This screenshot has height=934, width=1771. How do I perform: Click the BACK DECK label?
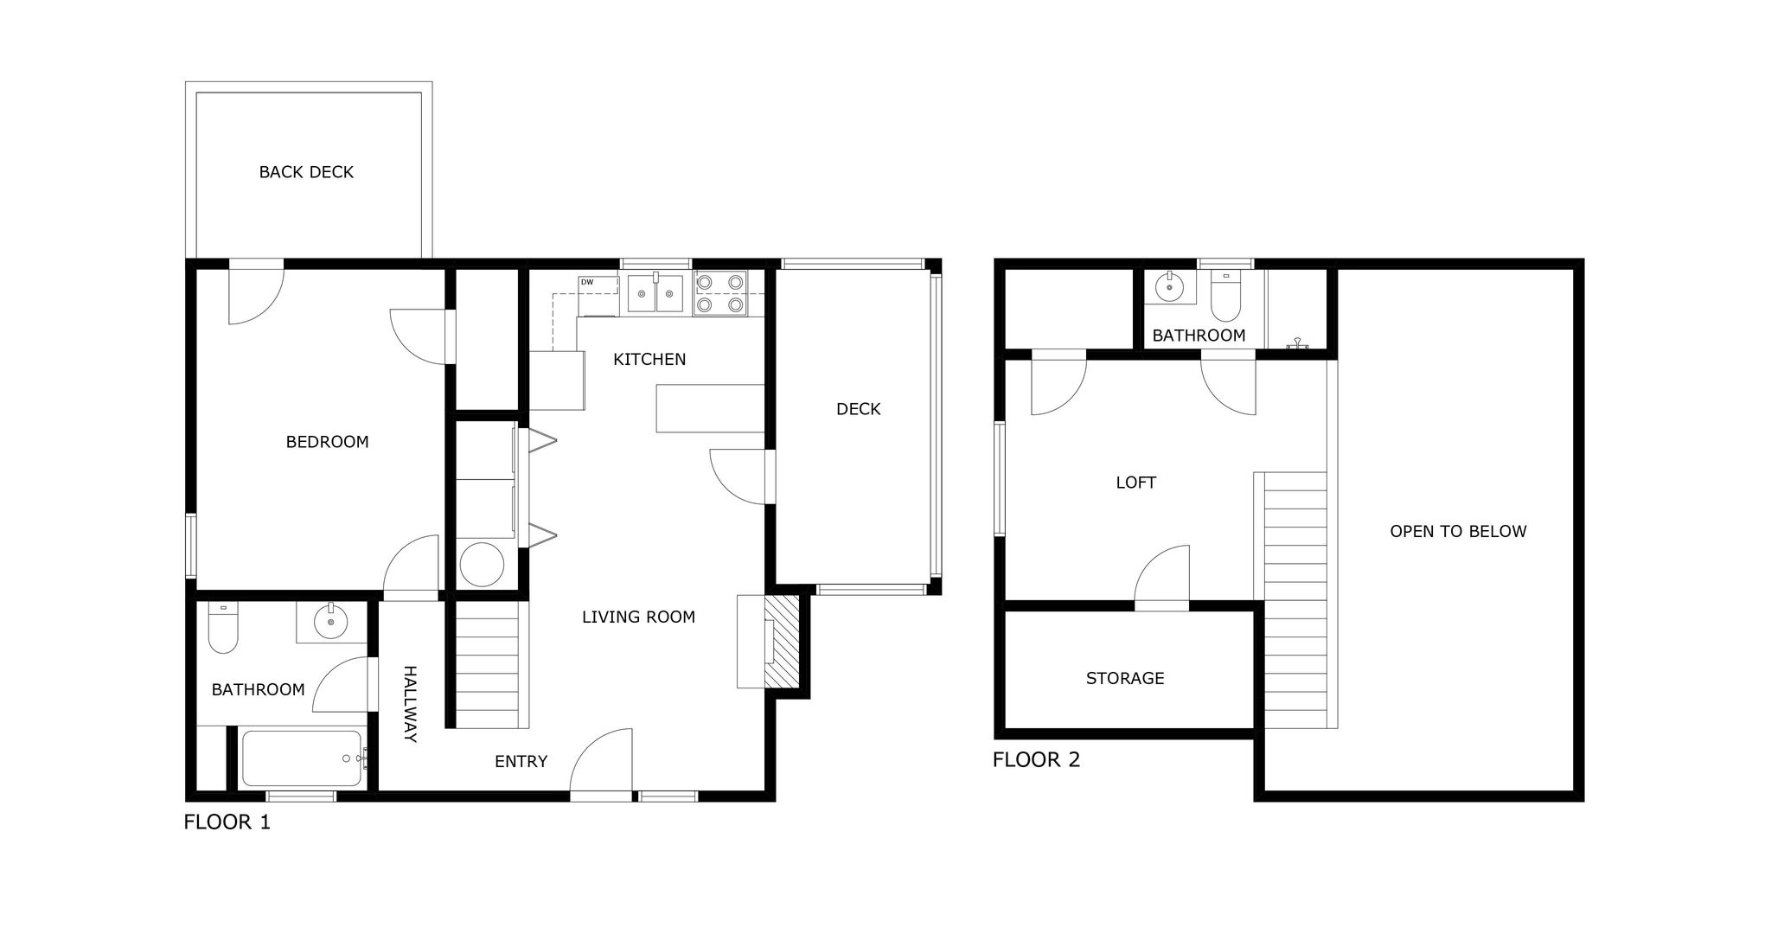click(x=306, y=172)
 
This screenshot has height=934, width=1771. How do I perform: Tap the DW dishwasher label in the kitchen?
click(x=587, y=282)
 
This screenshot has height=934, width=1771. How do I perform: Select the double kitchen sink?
click(x=655, y=293)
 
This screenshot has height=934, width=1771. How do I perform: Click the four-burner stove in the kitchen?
click(x=720, y=293)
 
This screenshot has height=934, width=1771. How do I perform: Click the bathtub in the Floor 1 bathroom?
click(x=302, y=758)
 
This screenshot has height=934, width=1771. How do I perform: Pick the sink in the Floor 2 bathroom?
click(x=1170, y=286)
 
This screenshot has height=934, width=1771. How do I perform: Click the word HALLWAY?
click(x=411, y=704)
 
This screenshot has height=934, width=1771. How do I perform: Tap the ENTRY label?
click(x=521, y=761)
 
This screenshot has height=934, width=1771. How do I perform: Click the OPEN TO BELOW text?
click(x=1458, y=531)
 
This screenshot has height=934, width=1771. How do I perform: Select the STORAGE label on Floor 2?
click(x=1125, y=678)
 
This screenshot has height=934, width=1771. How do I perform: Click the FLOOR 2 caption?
click(x=1036, y=760)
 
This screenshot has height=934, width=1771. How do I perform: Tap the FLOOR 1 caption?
click(x=227, y=822)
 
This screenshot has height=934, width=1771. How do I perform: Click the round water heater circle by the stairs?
click(x=482, y=565)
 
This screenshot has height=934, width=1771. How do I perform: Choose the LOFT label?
click(x=1135, y=483)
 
